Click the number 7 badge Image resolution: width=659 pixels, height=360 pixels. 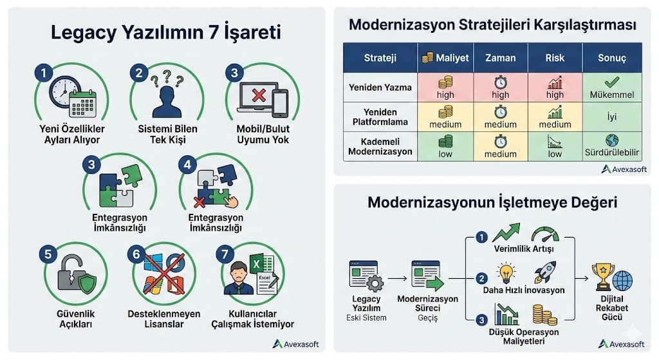click(x=223, y=254)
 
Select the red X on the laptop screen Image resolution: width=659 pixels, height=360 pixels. click(x=258, y=96)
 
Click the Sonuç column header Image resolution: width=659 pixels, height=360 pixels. click(x=611, y=57)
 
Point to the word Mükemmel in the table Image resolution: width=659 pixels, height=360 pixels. click(x=611, y=95)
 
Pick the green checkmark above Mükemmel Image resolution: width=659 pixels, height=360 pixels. click(x=611, y=82)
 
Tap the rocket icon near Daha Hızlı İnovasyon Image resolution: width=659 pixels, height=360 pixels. click(x=544, y=272)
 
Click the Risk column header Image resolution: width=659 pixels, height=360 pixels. click(x=554, y=57)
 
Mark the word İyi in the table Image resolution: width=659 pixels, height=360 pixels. click(x=611, y=117)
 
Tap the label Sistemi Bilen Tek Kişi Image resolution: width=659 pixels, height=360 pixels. click(x=168, y=134)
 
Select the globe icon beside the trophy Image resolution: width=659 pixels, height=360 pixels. click(x=622, y=280)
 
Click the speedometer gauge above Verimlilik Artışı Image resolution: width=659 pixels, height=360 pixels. click(x=545, y=234)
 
